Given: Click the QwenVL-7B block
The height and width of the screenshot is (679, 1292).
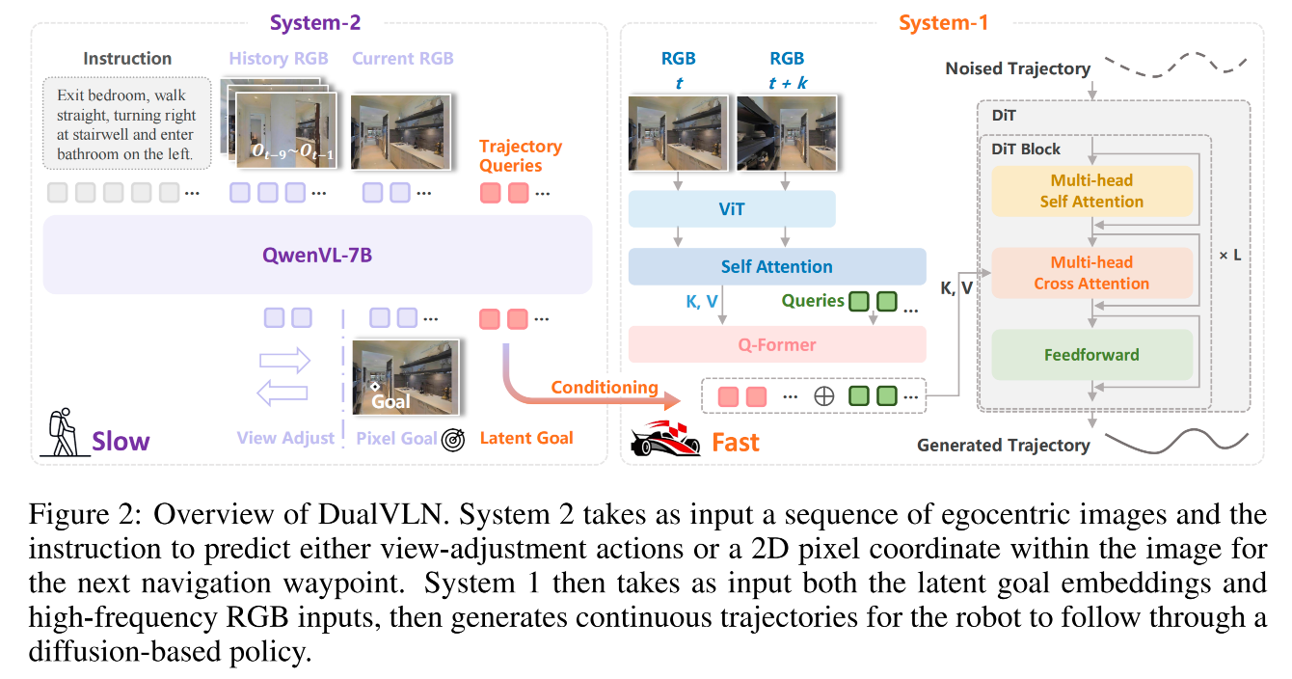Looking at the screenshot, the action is tap(317, 255).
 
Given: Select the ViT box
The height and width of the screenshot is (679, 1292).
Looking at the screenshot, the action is tap(732, 209).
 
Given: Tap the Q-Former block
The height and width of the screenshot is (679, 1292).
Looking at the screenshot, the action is tap(777, 344).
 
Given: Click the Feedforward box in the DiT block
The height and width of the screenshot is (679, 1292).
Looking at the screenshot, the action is tap(1091, 354).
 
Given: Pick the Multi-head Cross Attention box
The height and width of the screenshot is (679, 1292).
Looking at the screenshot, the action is tap(1091, 273).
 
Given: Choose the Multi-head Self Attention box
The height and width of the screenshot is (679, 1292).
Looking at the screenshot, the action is tap(1091, 191).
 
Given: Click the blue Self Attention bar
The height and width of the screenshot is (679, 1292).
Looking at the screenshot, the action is tap(777, 266).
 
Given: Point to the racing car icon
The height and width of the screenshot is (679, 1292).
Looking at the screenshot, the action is tap(665, 440).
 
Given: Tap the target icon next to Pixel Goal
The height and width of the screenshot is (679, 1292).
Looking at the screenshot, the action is tap(453, 440).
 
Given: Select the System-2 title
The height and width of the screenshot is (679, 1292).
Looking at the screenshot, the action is tap(315, 22).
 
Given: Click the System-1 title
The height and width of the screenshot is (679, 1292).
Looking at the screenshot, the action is tap(943, 22).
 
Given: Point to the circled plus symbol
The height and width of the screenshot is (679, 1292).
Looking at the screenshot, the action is tap(823, 396).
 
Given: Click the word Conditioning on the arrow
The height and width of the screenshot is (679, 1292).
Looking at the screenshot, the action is tap(605, 387).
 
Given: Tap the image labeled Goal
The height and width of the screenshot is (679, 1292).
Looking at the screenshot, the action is tap(406, 377).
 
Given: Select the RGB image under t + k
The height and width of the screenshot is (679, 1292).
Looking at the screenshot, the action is tap(787, 133).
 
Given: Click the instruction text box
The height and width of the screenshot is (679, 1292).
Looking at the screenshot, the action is tap(127, 123).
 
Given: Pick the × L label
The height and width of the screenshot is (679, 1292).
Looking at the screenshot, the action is tap(1230, 255).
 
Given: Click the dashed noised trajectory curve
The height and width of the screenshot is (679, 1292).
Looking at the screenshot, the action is tap(1176, 66).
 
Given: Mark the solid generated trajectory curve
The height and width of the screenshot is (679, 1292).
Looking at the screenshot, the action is tap(1176, 442).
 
